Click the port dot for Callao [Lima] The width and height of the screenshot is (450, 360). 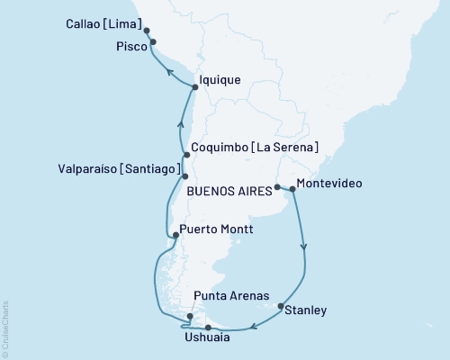(x=147, y=30)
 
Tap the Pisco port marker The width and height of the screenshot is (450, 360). (x=153, y=41)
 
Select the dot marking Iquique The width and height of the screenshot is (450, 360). (x=194, y=86)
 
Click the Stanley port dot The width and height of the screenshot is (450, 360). (x=282, y=305)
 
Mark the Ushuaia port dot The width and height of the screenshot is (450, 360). (x=207, y=327)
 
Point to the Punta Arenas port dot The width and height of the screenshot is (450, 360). (x=188, y=316)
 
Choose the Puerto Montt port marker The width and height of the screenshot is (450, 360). (x=173, y=236)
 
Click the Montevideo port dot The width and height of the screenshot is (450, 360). (x=291, y=189)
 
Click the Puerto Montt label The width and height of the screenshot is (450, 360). (x=216, y=229)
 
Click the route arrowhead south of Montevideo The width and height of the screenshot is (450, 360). (x=304, y=244)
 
